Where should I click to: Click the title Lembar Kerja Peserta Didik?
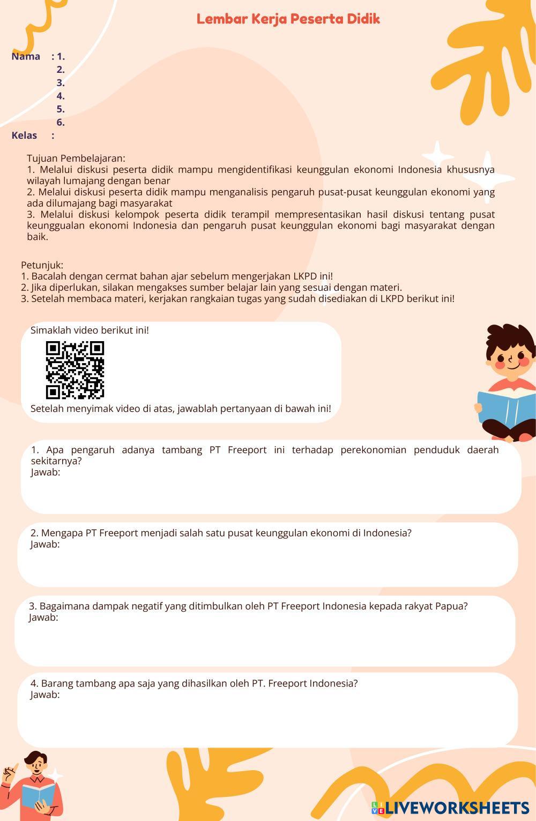(288, 19)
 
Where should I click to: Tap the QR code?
(75, 370)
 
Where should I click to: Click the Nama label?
(26, 56)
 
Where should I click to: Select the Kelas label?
(24, 135)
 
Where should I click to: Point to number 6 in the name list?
(60, 122)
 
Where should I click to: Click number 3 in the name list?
(60, 82)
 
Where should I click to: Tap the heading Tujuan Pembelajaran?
(76, 158)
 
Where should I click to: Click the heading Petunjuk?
(42, 265)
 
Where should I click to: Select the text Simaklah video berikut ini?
(90, 330)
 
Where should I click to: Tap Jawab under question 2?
(45, 544)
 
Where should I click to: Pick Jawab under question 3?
(43, 617)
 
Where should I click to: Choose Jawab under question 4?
(45, 695)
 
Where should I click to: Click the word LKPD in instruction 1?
(305, 276)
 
